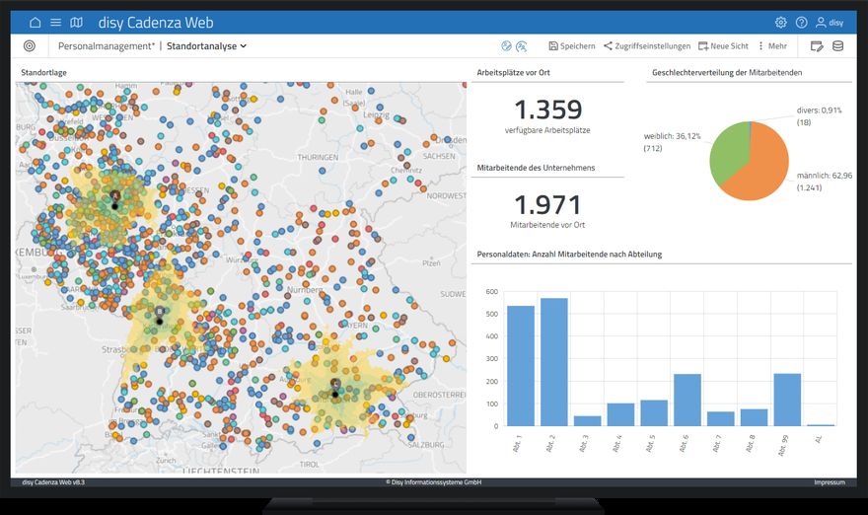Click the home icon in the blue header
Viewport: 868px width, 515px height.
[x=36, y=23]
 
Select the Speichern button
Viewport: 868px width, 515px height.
[x=571, y=46]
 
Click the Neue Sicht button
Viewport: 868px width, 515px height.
[x=723, y=46]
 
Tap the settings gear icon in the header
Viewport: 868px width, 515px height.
[x=781, y=23]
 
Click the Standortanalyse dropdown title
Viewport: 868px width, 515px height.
[x=206, y=46]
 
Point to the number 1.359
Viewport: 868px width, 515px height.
[x=548, y=110]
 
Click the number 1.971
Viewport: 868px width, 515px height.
[x=548, y=205]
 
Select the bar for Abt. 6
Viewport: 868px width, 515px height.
[x=687, y=400]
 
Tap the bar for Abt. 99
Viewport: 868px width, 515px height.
[x=787, y=400]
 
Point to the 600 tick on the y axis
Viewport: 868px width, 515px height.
[x=491, y=293]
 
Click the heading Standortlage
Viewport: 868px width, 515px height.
[x=43, y=73]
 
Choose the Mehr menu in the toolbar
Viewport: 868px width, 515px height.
[x=773, y=46]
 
